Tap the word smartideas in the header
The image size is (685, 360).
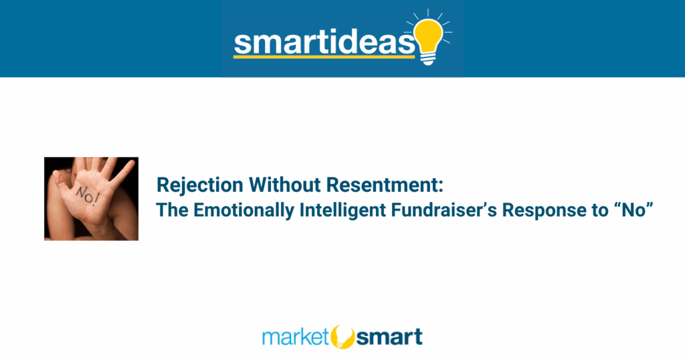point(324,42)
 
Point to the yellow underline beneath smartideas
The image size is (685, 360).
point(324,56)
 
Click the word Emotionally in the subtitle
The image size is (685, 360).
point(243,210)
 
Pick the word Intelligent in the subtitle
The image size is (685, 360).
point(342,210)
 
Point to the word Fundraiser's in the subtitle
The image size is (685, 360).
point(444,209)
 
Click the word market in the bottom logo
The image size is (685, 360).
point(295,337)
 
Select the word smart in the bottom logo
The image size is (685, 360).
point(389,337)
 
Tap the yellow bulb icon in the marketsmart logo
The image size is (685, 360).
point(343,337)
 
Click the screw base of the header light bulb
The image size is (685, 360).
point(428,58)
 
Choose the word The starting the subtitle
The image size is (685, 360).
point(172,209)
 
